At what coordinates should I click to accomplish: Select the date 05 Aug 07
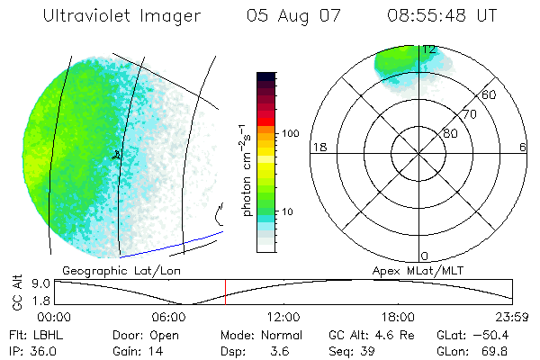(x=287, y=16)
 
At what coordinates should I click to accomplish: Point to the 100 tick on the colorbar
(x=291, y=133)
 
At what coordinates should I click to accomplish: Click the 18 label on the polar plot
(x=318, y=147)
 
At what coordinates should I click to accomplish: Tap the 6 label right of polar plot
(x=523, y=147)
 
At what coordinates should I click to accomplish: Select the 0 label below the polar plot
(x=425, y=256)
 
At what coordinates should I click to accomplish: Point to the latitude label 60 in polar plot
(x=490, y=94)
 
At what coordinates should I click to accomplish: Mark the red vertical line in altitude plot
(x=225, y=292)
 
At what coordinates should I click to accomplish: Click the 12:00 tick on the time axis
(x=283, y=316)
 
